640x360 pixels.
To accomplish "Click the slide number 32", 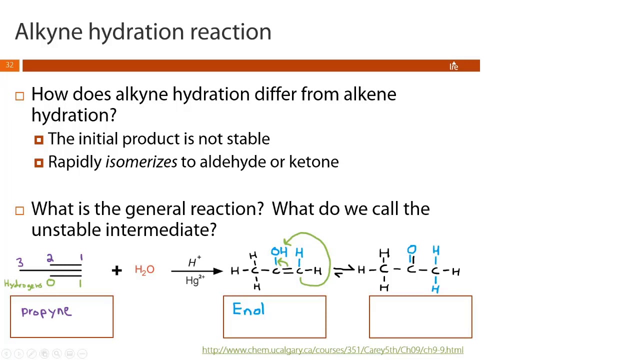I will (9, 65).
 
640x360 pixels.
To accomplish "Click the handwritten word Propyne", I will (46, 312).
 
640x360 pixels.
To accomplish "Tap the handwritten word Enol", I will (248, 310).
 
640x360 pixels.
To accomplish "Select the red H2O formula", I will (144, 270).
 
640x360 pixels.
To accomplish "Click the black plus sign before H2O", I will (116, 270).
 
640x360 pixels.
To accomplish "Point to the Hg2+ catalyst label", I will (194, 280).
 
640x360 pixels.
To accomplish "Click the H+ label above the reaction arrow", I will (194, 262).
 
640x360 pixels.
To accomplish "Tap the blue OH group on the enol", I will (279, 252).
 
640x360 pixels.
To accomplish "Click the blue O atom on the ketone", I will (411, 249).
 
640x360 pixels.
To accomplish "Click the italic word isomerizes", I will (141, 162).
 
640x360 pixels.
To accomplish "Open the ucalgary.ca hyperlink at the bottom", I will (332, 350).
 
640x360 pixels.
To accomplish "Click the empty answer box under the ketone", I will (420, 317).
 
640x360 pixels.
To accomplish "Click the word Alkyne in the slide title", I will (48, 32).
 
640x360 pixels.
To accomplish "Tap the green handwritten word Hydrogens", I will (23, 284).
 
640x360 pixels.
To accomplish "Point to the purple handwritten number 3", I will (19, 262).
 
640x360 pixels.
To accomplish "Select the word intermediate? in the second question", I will (160, 230).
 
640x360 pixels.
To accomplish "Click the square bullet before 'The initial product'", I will (39, 140).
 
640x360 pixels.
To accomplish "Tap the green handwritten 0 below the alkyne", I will (50, 283).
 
